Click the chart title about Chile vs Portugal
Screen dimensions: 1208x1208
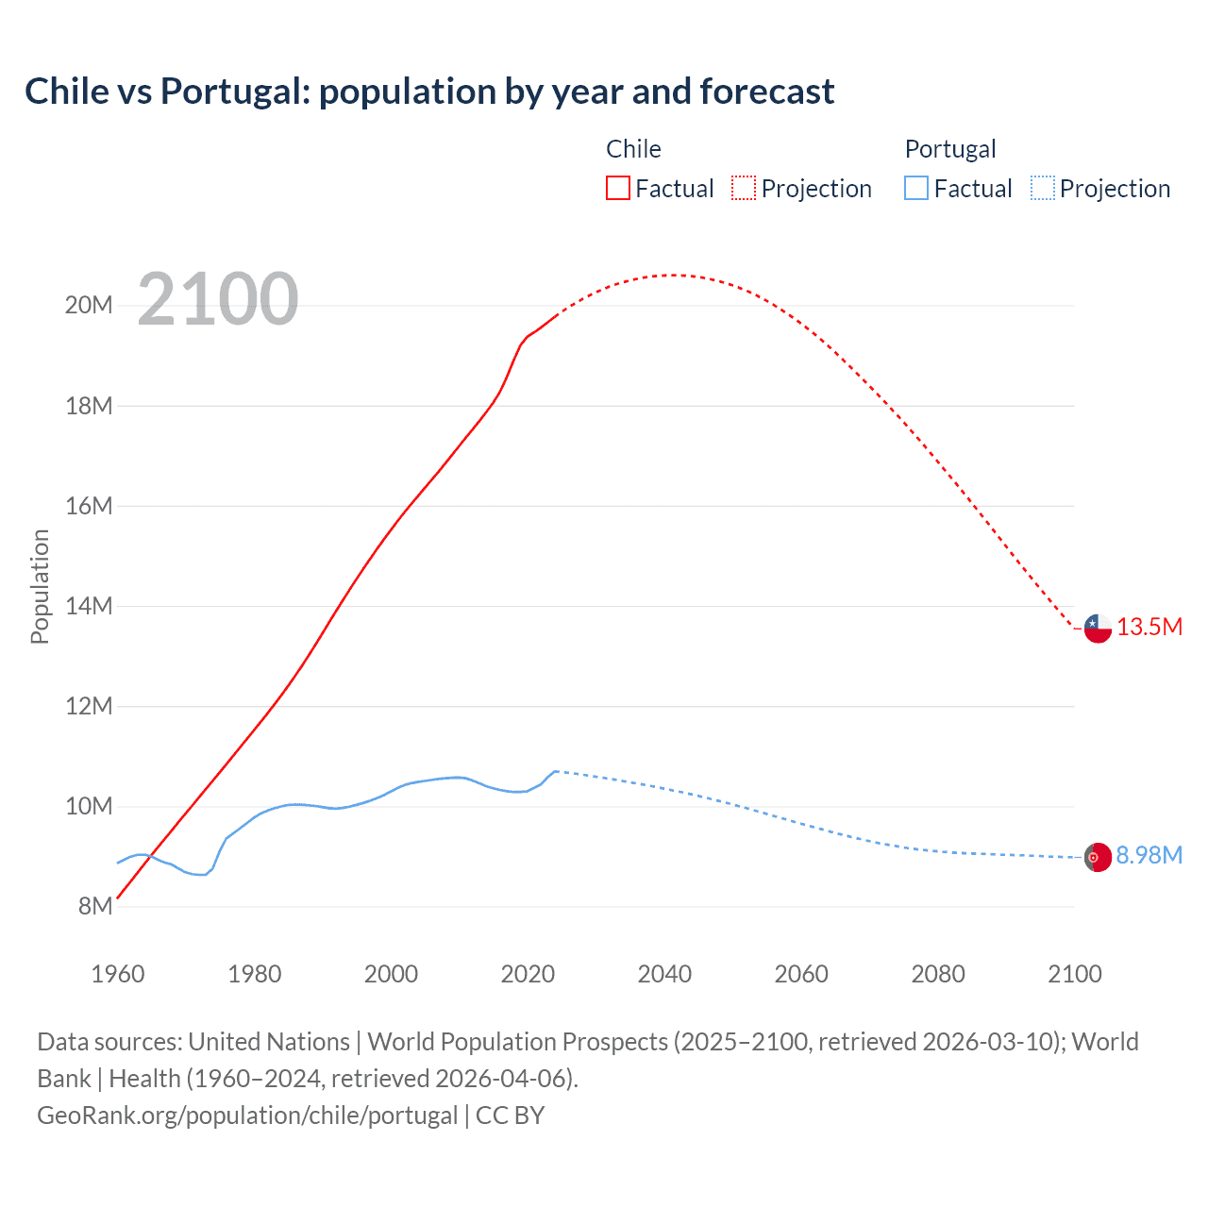pos(429,92)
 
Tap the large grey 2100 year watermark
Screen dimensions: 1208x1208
pos(218,299)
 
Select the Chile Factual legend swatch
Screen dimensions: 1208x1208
pos(617,188)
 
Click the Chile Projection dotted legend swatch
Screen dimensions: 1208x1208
pos(744,188)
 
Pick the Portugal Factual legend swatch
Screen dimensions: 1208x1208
pos(915,188)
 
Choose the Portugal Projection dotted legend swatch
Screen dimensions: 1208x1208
pos(1042,188)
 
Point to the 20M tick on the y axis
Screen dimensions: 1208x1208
pos(89,305)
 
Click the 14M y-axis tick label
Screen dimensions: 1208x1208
pos(89,606)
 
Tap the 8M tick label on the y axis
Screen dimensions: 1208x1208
pos(94,906)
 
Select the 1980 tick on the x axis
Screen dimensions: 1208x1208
pos(254,974)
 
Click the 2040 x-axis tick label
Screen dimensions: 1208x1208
pos(664,974)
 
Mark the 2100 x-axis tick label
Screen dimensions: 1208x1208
pos(1074,974)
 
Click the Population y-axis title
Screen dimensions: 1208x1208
pos(40,586)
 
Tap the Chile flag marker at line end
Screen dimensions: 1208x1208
pos(1097,628)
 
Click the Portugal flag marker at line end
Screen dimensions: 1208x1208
pos(1097,857)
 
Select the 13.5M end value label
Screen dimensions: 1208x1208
pos(1149,628)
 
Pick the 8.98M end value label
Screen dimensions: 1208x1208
pos(1149,855)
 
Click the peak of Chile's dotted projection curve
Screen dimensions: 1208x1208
pos(672,275)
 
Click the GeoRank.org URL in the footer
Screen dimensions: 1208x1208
pos(247,1116)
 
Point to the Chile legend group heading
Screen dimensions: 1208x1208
pos(633,149)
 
